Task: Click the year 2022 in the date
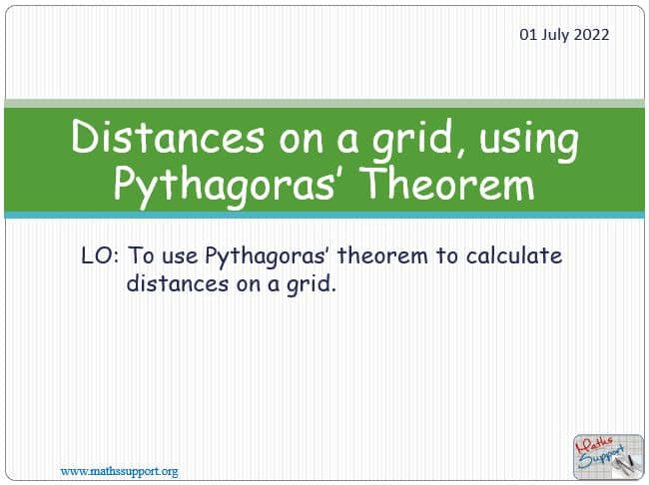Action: (x=591, y=34)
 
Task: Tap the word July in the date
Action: (x=555, y=35)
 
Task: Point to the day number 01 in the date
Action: (x=528, y=34)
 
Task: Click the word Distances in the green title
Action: (x=168, y=138)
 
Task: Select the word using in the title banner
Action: (x=529, y=141)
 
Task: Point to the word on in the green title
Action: (x=301, y=142)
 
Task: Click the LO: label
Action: (x=100, y=255)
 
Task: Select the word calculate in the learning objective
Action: (x=514, y=255)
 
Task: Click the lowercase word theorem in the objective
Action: (x=382, y=255)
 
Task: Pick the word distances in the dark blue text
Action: (x=178, y=283)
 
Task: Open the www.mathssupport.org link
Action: (x=120, y=471)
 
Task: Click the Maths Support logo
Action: (x=608, y=456)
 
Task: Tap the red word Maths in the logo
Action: (x=594, y=445)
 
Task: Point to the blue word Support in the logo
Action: (x=602, y=458)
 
